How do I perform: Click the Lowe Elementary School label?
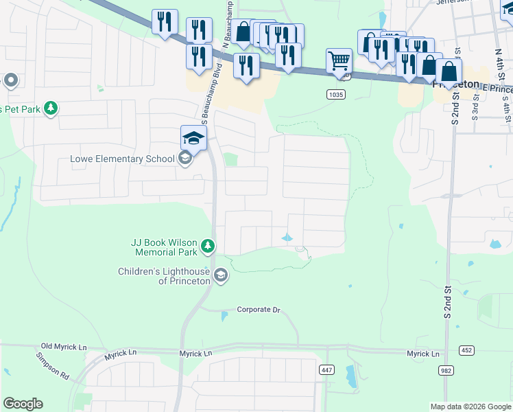[x=123, y=159]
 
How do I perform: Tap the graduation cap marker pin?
[x=193, y=139]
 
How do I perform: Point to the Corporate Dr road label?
[x=259, y=310]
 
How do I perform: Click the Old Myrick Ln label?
[x=66, y=346]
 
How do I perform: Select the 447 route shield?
[x=326, y=369]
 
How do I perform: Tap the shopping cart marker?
[x=339, y=62]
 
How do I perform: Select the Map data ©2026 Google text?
[x=470, y=407]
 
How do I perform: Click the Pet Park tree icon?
[x=50, y=108]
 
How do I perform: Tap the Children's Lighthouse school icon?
[x=220, y=276]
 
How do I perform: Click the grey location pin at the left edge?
[x=10, y=81]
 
